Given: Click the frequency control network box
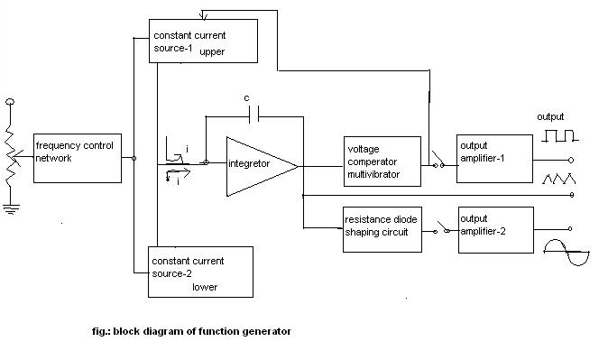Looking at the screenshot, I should (x=77, y=158).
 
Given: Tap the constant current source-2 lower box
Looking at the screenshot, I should (x=199, y=271).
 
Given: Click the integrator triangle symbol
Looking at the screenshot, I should (x=257, y=164).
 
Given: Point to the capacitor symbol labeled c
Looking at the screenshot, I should (x=253, y=115).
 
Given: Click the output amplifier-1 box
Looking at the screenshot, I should (x=494, y=158).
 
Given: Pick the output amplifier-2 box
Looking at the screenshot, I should (x=494, y=229).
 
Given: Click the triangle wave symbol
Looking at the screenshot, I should (x=559, y=179).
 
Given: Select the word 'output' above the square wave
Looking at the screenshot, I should (x=550, y=117).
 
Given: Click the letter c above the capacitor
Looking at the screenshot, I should (x=246, y=97).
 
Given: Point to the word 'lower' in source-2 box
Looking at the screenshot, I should (x=205, y=287).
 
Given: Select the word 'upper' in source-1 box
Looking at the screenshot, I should (x=212, y=51).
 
